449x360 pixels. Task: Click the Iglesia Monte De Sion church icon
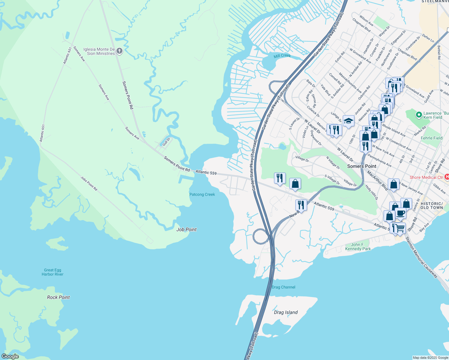[119, 51]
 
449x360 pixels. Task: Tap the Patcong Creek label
[202, 194]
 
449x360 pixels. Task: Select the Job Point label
[186, 229]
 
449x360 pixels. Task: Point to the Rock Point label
[58, 297]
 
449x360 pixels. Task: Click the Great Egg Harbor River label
[53, 272]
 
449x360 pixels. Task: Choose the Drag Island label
[285, 312]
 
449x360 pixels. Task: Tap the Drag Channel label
[283, 287]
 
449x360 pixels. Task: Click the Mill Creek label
[282, 56]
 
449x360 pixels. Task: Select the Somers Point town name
[361, 166]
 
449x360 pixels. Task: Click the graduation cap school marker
[348, 121]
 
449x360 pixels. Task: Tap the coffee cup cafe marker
[400, 213]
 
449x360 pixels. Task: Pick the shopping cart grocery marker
[400, 228]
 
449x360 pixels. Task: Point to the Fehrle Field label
[431, 138]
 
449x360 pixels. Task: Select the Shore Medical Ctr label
[426, 177]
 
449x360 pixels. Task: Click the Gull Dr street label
[166, 142]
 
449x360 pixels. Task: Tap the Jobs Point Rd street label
[89, 184]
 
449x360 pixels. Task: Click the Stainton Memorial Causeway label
[421, 257]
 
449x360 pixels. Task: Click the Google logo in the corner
[10, 356]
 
